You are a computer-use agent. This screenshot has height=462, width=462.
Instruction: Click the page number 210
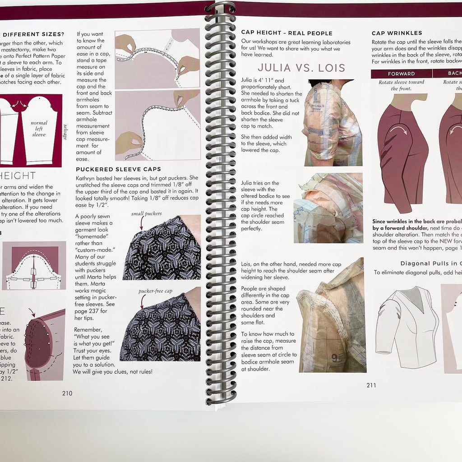67,393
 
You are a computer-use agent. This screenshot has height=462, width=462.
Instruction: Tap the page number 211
371,385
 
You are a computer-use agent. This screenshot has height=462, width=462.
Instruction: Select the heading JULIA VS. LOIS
301,68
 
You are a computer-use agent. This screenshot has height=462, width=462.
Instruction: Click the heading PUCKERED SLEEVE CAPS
118,169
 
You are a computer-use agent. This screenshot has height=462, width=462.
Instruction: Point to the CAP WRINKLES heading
397,33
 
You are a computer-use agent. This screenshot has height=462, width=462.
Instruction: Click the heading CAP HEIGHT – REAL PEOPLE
286,33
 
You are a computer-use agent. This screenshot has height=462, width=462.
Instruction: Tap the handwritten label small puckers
146,213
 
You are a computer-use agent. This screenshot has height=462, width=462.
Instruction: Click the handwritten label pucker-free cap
155,291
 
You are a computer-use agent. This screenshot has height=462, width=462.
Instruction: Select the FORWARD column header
401,74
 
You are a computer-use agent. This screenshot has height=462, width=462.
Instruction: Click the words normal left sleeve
39,129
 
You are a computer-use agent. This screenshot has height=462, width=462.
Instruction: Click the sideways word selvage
65,131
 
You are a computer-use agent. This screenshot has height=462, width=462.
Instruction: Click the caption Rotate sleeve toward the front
401,85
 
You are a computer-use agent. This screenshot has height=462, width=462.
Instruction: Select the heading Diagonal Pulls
431,263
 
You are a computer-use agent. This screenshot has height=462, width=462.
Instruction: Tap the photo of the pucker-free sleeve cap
162,325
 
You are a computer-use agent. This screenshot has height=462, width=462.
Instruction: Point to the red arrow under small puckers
142,223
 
